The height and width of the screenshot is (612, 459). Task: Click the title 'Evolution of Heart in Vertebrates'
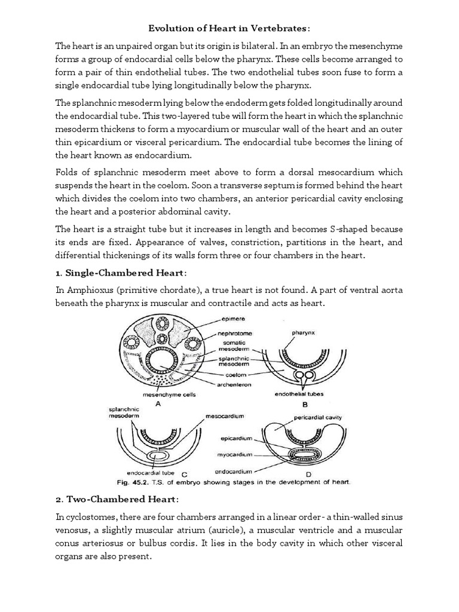point(229,28)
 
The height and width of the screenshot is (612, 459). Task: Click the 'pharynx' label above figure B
point(305,331)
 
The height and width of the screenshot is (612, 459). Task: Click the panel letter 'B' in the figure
point(305,403)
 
